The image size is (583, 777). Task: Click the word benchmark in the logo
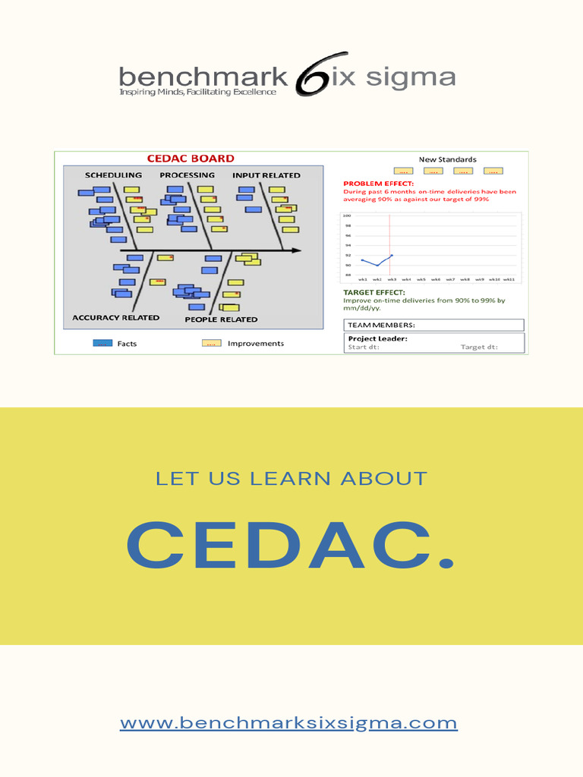[x=203, y=77]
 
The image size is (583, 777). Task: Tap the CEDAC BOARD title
[x=190, y=159]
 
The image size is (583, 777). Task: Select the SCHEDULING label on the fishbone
[x=113, y=175]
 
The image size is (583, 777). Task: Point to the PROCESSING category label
[x=187, y=175]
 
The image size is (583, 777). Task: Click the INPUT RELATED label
[x=266, y=175]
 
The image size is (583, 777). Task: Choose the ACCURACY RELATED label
[x=115, y=318]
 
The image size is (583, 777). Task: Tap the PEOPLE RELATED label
[x=221, y=319]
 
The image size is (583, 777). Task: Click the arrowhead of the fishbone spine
[x=295, y=250]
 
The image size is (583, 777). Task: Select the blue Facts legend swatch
[x=102, y=343]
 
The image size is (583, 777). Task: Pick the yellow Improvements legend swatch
[x=211, y=343]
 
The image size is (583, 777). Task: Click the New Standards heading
[x=448, y=159]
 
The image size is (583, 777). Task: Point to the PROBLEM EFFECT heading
[x=379, y=184]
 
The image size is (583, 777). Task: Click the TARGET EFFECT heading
[x=374, y=292]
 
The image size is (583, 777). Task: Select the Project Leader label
[x=377, y=338]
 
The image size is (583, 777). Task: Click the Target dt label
[x=479, y=348]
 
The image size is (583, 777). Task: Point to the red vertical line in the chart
[x=390, y=243]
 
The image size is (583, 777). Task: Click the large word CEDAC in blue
[x=291, y=545]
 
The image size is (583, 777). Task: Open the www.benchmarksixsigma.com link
[x=288, y=722]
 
